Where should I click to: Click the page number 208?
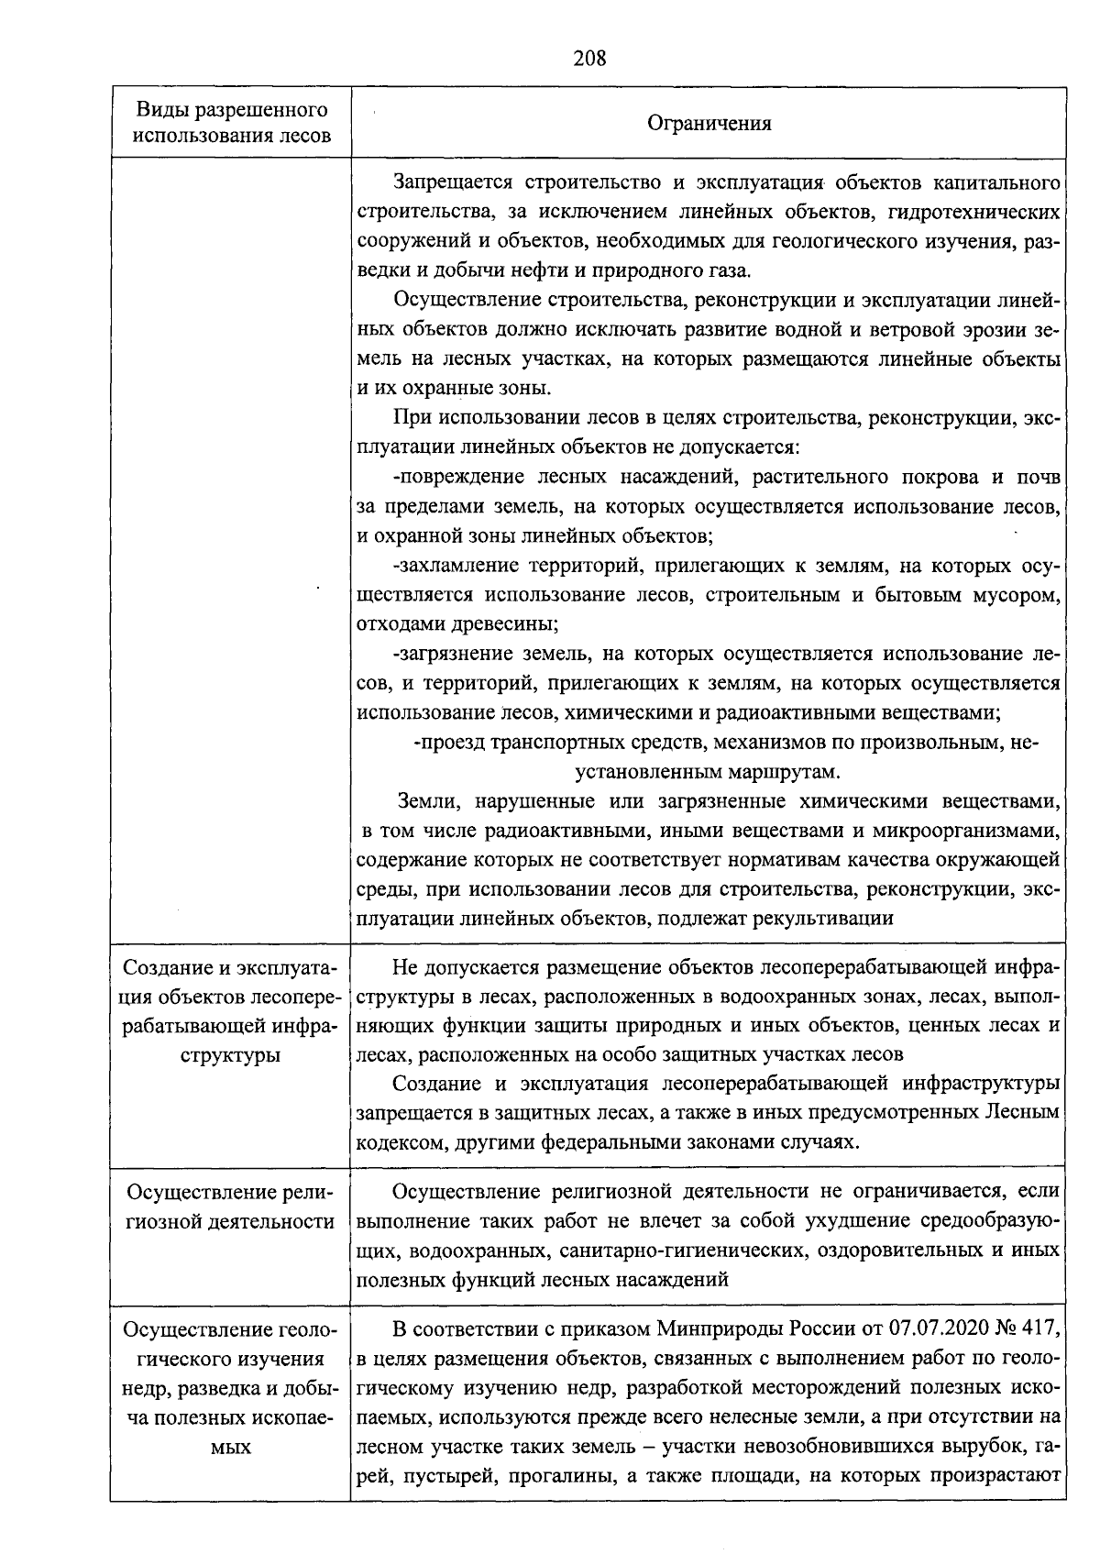(x=589, y=60)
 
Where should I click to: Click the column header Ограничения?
(x=709, y=124)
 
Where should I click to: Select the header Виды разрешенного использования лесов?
(x=232, y=124)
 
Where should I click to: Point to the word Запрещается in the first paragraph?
(x=445, y=182)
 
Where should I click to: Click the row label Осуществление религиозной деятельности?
(x=231, y=1207)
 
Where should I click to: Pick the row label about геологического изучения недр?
(x=231, y=1388)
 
